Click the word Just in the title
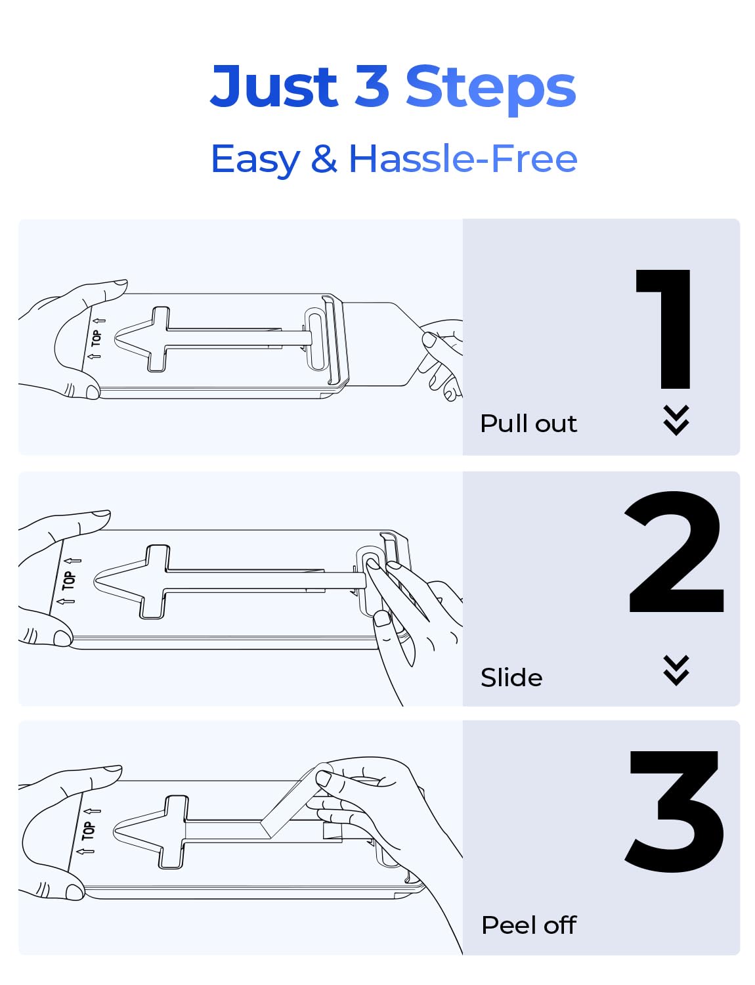click(x=274, y=85)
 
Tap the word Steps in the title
click(x=490, y=90)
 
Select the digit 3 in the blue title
click(x=371, y=85)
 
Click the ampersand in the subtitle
click(x=324, y=158)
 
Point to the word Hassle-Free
click(x=463, y=158)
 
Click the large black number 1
click(x=664, y=329)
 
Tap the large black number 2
click(x=675, y=552)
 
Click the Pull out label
click(x=528, y=424)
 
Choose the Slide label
click(x=511, y=678)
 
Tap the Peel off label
click(x=528, y=925)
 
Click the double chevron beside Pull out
click(x=676, y=420)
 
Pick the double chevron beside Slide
click(x=676, y=670)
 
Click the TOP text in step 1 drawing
click(x=96, y=338)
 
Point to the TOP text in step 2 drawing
click(x=69, y=581)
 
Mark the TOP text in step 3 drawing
click(x=88, y=831)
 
